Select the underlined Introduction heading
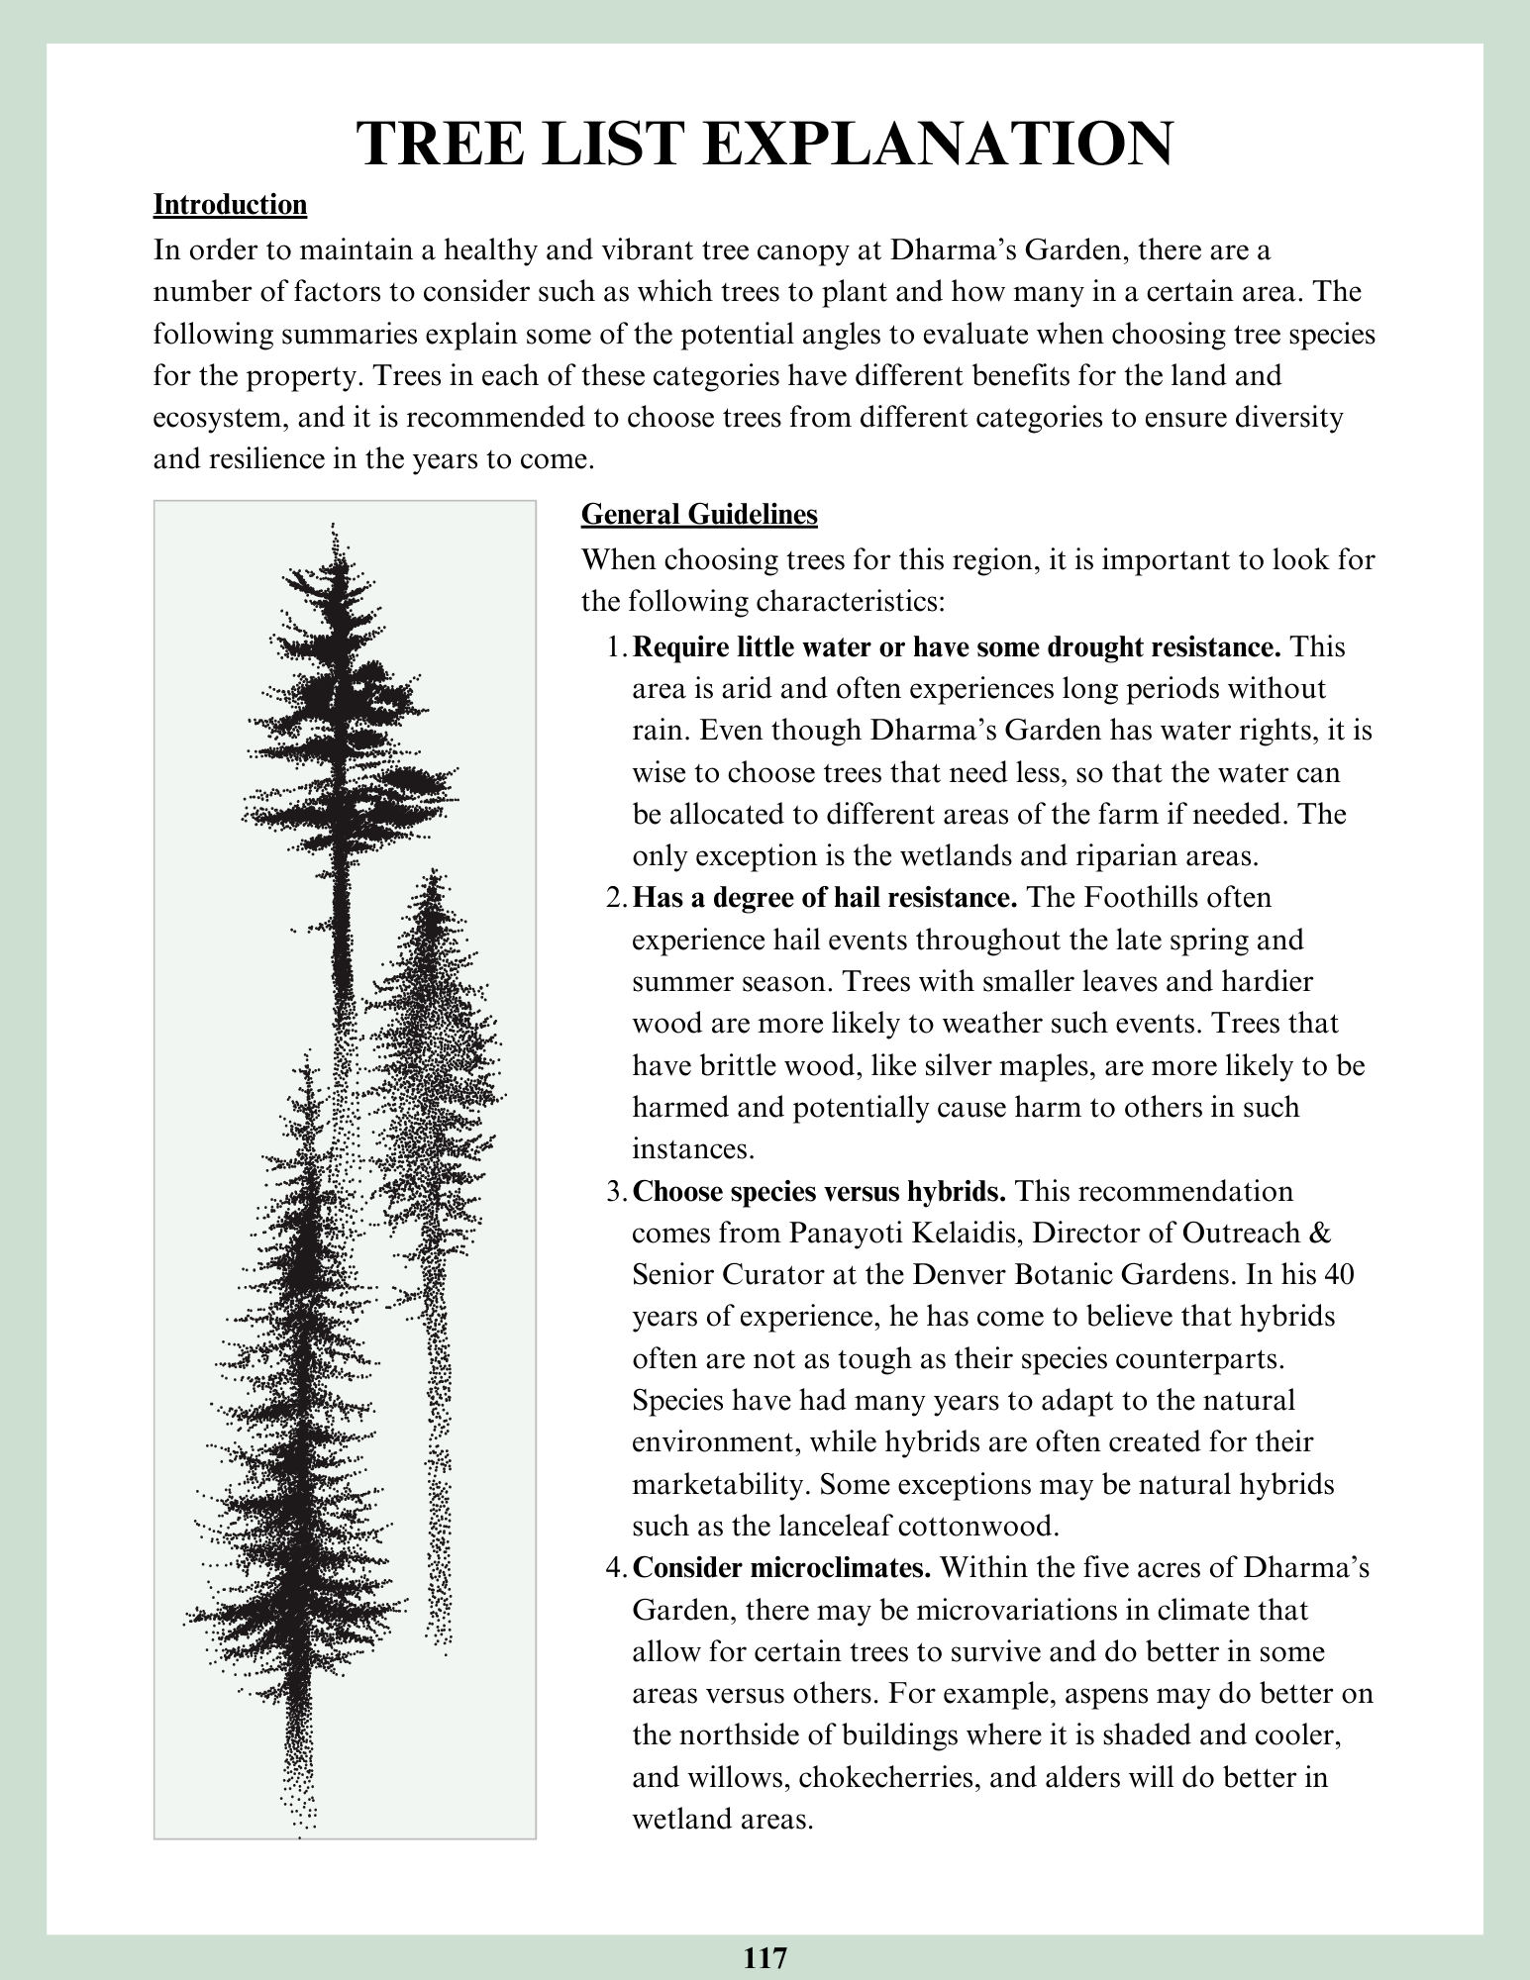click(230, 205)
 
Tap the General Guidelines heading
click(698, 515)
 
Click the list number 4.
click(615, 1569)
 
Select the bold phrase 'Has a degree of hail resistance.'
click(825, 898)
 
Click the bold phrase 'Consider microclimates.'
click(782, 1569)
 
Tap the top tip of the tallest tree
click(333, 525)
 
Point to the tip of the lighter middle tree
click(432, 872)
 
